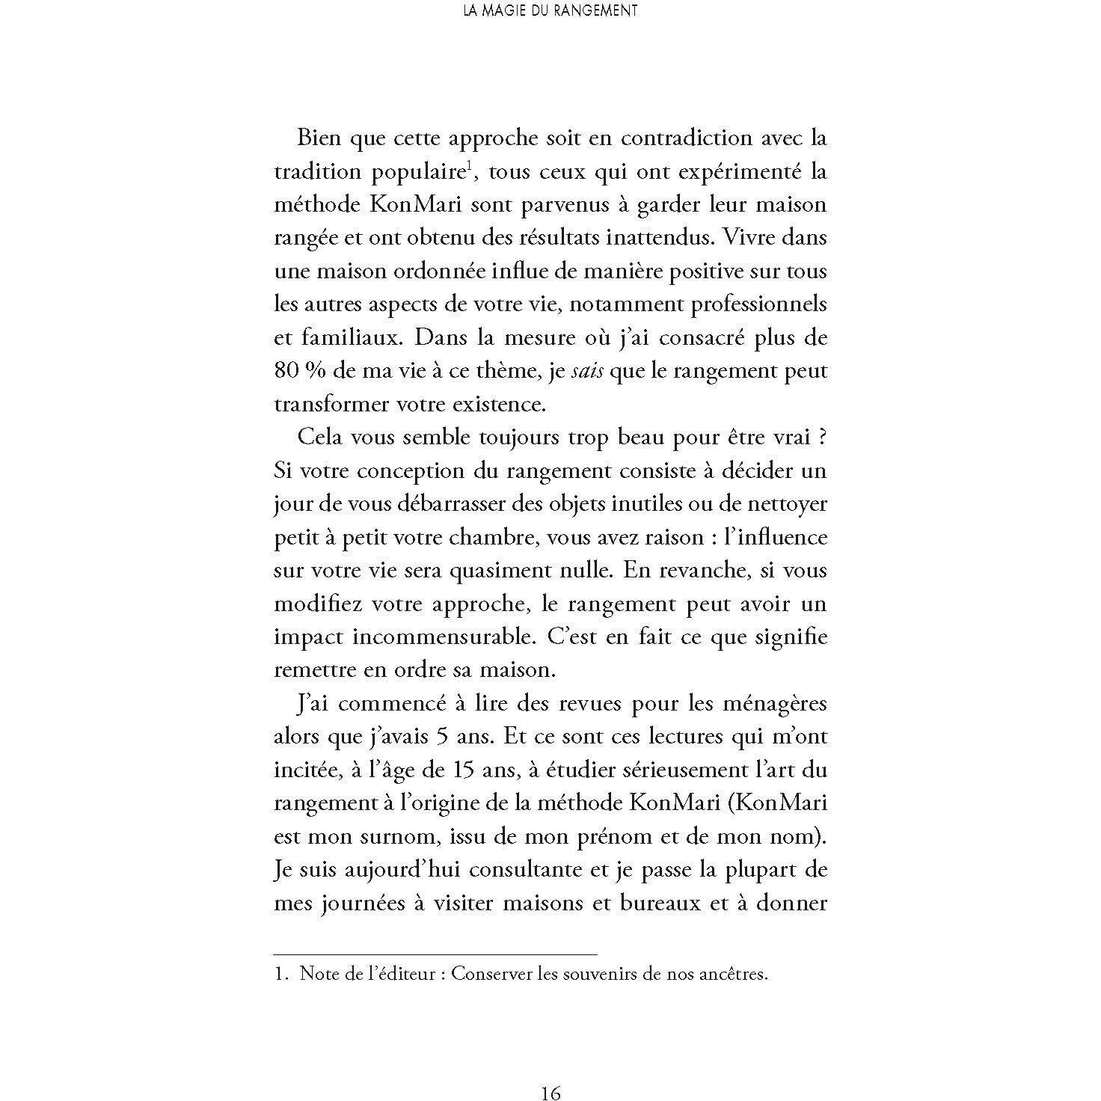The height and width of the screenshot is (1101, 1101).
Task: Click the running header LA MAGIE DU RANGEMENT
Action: point(550,11)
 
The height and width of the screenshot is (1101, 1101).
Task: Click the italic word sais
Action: point(587,372)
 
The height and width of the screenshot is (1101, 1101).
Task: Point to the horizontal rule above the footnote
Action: point(435,954)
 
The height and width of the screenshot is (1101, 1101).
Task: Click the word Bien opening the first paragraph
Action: point(319,138)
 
